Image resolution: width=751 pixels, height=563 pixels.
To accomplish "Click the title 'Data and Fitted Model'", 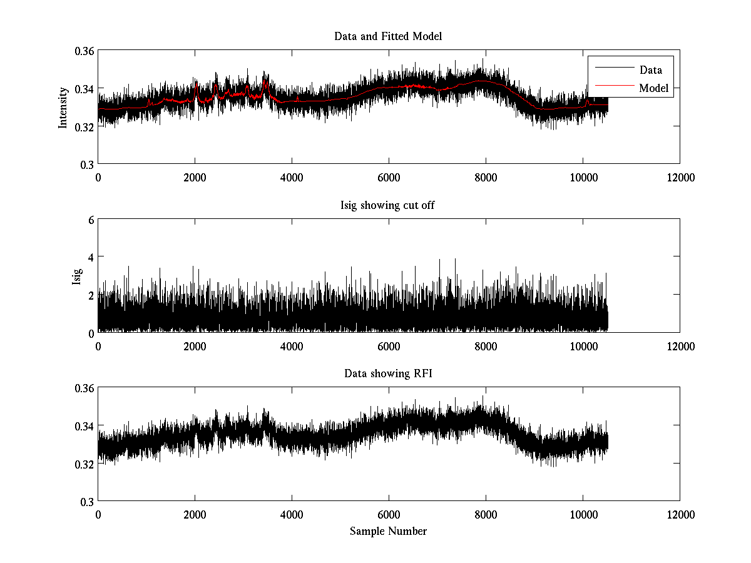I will click(388, 36).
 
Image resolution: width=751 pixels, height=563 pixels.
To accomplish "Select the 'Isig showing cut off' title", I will click(388, 205).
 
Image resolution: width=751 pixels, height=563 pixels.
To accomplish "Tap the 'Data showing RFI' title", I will click(388, 374).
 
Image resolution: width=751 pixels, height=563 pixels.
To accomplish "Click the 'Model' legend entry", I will click(653, 88).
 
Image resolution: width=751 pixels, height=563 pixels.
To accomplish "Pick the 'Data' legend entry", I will click(650, 69).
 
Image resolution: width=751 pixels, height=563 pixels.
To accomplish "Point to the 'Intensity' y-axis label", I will click(63, 108).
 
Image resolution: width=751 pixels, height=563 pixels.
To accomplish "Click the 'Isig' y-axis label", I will click(76, 276).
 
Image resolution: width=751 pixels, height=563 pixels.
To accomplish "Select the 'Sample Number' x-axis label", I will click(388, 531).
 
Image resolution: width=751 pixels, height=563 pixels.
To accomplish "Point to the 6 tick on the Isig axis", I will click(91, 220).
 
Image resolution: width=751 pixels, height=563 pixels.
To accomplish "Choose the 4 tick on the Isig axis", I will click(91, 257).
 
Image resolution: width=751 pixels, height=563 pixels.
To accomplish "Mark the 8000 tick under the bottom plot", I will click(486, 514).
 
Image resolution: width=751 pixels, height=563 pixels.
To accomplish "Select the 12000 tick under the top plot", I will click(680, 177).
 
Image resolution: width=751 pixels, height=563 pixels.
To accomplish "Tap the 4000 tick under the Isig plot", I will click(292, 346).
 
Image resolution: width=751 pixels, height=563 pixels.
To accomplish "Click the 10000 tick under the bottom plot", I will click(583, 514).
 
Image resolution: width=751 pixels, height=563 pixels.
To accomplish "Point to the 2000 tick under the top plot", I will click(195, 177).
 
